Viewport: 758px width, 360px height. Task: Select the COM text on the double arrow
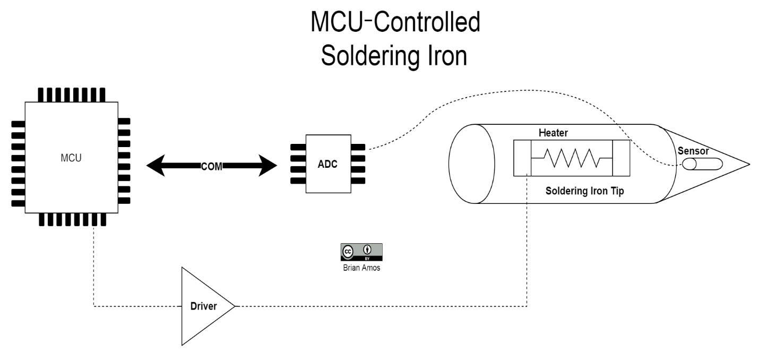pyautogui.click(x=211, y=166)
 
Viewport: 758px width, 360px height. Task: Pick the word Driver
pyautogui.click(x=204, y=307)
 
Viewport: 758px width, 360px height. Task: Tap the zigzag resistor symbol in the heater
pyautogui.click(x=571, y=158)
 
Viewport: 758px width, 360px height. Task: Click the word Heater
pyautogui.click(x=554, y=131)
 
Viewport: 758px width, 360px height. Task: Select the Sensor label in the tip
pyautogui.click(x=693, y=151)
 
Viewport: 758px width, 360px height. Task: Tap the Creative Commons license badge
pyautogui.click(x=361, y=251)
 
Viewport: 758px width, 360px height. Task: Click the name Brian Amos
pyautogui.click(x=361, y=268)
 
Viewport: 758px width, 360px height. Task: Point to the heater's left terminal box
pyautogui.click(x=522, y=158)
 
